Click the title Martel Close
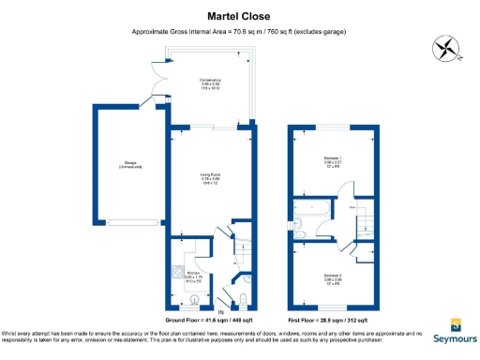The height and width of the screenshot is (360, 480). point(239,16)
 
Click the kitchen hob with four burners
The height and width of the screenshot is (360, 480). point(176,273)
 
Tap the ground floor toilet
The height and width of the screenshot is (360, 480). point(243,299)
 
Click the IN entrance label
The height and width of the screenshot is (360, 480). point(222,311)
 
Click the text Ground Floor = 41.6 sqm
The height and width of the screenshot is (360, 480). point(207,320)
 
